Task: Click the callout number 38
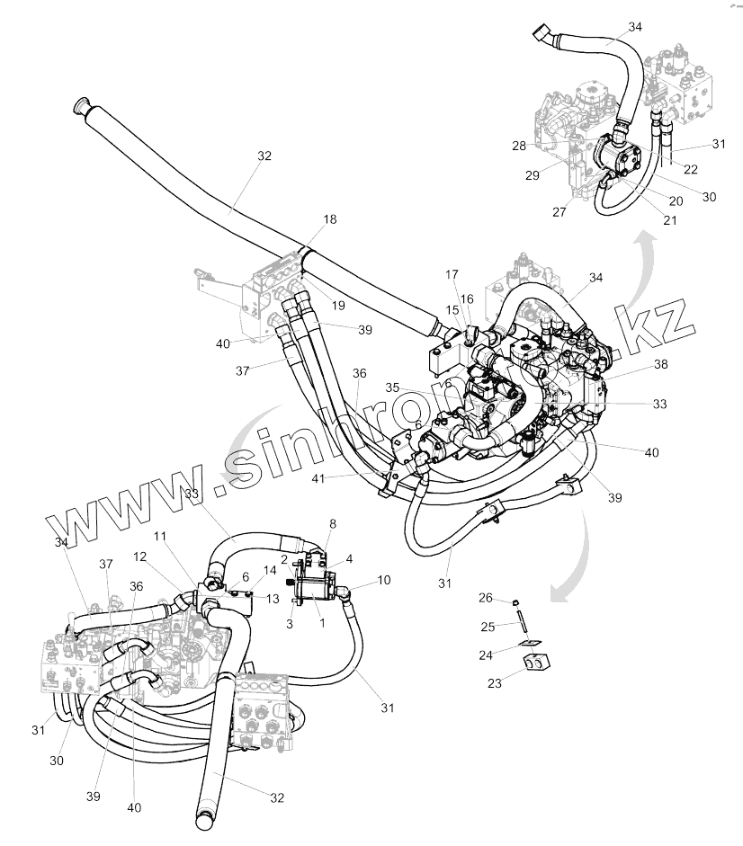coord(660,366)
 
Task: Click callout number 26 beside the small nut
coord(485,598)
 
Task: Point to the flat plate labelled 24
coord(533,642)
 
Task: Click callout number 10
coord(384,580)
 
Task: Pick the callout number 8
coord(333,522)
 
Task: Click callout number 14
coord(270,571)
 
